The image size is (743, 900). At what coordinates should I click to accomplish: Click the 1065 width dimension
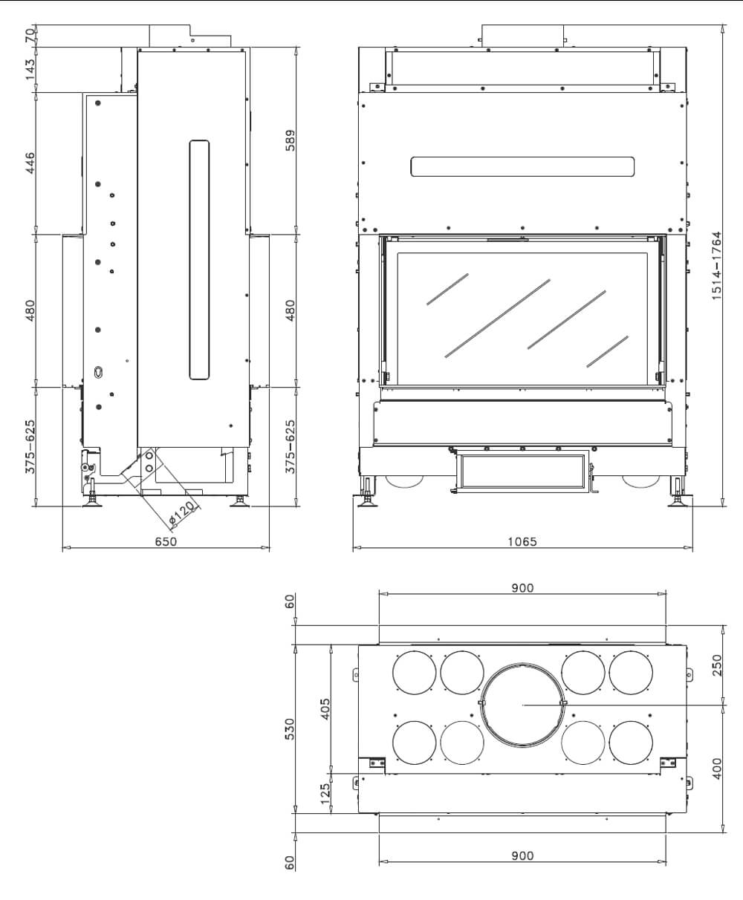[x=522, y=542]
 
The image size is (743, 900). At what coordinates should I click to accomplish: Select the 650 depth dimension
[x=166, y=542]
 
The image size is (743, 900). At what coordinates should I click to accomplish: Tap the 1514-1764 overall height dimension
[x=716, y=265]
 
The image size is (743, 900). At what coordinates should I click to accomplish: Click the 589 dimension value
[x=291, y=141]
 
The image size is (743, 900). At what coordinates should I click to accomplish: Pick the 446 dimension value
[x=30, y=163]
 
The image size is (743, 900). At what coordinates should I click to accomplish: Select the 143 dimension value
[x=30, y=70]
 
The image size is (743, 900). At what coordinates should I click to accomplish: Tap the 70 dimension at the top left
[x=30, y=35]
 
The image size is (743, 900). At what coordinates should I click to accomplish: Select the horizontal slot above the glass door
[x=522, y=166]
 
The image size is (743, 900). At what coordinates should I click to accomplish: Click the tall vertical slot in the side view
[x=199, y=260]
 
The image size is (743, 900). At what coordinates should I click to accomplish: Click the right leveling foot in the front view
[x=678, y=499]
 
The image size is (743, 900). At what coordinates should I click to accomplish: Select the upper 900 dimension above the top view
[x=522, y=588]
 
